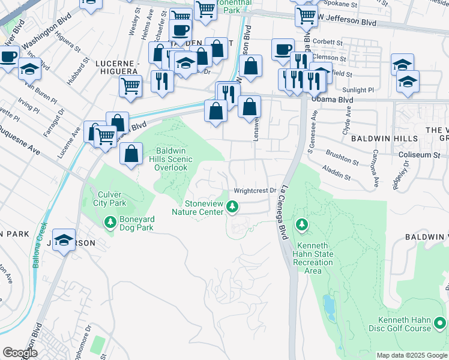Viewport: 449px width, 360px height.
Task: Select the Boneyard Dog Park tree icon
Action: tap(110, 223)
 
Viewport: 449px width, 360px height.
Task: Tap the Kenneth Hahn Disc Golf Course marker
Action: tap(440, 324)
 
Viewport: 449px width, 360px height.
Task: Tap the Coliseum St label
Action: tap(415, 154)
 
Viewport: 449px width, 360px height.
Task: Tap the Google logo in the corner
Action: tap(19, 353)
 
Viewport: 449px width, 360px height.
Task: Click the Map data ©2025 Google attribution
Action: tap(411, 355)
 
